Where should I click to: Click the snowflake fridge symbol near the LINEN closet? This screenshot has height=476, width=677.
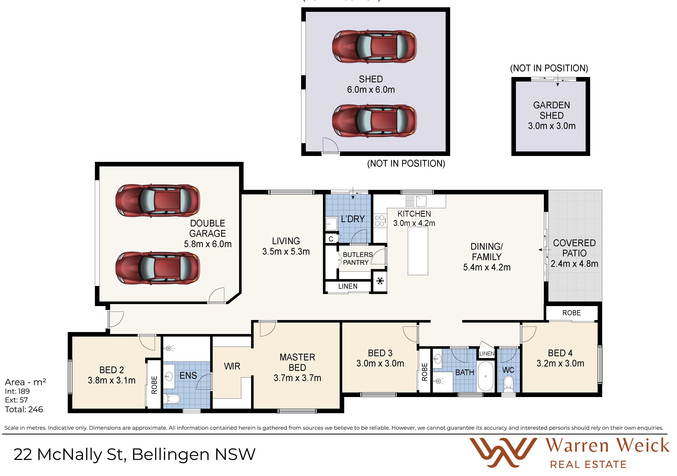[x=380, y=281]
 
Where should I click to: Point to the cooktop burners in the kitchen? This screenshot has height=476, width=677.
[x=380, y=221]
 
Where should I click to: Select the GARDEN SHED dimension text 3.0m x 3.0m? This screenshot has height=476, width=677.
[x=552, y=126]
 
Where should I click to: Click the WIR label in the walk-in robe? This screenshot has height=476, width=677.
[x=232, y=366]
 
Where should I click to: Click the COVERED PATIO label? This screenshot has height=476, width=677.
[x=574, y=248]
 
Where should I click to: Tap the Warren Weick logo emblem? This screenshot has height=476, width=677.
[x=503, y=452]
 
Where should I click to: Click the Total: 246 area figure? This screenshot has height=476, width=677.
[x=24, y=409]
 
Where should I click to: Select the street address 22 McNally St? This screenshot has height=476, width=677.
[x=70, y=454]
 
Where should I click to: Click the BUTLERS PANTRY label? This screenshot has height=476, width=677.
[x=357, y=259]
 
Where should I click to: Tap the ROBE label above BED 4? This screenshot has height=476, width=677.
[x=571, y=313]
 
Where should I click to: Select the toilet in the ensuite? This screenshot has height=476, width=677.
[x=172, y=399]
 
